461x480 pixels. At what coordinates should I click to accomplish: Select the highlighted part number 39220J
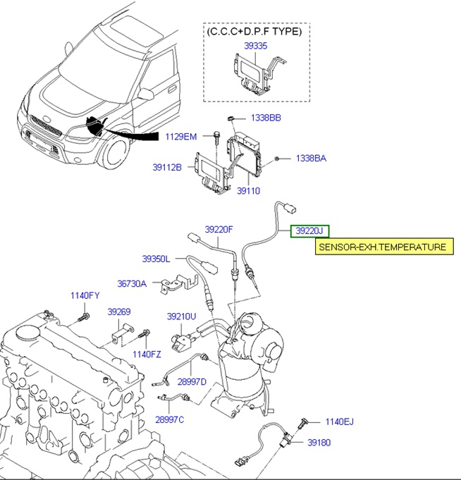tap(309, 230)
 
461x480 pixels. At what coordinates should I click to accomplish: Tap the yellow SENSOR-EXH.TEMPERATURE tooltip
tap(382, 247)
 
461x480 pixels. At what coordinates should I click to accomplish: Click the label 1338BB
tap(266, 118)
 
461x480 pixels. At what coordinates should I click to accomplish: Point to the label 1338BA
tap(311, 159)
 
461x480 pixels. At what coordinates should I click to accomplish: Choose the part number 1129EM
tap(181, 136)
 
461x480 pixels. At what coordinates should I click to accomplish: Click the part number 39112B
tap(167, 167)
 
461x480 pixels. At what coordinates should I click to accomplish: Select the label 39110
tap(248, 190)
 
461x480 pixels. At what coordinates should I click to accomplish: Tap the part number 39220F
tap(219, 229)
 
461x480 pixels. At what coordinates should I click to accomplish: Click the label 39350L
tap(156, 259)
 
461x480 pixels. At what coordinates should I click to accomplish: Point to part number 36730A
tap(132, 283)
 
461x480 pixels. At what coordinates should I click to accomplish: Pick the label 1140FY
tap(85, 295)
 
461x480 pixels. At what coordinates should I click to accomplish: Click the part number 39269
tap(119, 311)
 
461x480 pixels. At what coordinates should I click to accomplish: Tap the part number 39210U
tap(181, 316)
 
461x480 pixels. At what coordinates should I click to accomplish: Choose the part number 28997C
tap(169, 419)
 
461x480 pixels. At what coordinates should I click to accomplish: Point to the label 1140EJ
tap(339, 421)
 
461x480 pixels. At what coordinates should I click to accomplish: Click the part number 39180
tap(319, 442)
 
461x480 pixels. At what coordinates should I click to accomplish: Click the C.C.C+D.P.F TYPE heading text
tap(254, 31)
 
